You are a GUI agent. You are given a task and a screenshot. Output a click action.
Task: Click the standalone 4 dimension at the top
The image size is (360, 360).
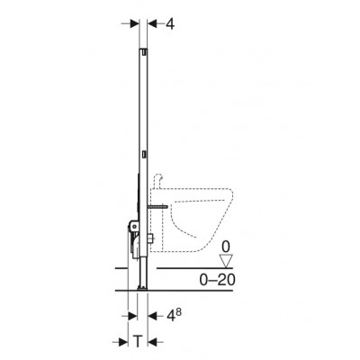click(170, 24)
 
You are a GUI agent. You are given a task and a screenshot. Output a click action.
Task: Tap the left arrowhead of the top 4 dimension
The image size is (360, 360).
click(135, 24)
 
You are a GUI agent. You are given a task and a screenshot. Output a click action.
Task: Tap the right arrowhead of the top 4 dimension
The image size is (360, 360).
click(153, 24)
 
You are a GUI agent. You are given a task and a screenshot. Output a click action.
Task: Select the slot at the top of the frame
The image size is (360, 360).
click(145, 51)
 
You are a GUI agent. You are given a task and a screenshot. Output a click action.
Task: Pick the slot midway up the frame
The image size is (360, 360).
click(145, 154)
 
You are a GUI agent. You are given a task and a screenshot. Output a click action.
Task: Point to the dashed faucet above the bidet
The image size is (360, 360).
click(158, 181)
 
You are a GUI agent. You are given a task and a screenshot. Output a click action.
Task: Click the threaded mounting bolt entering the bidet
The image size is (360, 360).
click(158, 207)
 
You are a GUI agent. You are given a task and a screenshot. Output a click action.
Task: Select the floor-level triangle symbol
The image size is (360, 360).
click(226, 261)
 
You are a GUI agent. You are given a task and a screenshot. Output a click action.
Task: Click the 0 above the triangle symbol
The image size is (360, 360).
click(226, 247)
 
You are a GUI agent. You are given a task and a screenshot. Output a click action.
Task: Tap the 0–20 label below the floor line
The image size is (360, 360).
click(218, 280)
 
